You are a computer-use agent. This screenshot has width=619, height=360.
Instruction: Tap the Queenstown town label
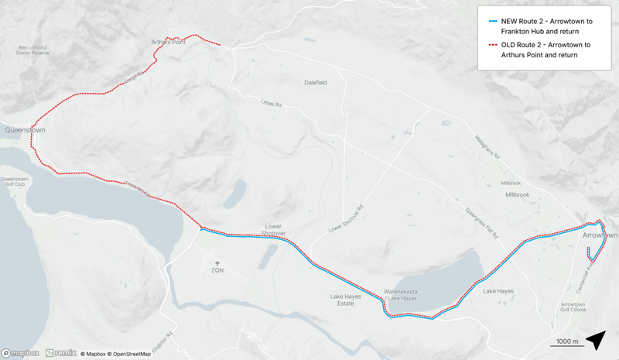click(x=26, y=130)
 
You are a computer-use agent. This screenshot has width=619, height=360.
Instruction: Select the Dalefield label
click(x=316, y=83)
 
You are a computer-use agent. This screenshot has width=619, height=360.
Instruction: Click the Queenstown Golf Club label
click(x=15, y=182)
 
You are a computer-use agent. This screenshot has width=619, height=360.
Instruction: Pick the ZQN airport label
click(x=217, y=270)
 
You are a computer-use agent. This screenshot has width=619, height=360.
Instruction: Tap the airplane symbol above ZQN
click(x=217, y=263)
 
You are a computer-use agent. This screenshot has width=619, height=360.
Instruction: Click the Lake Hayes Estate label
click(x=341, y=300)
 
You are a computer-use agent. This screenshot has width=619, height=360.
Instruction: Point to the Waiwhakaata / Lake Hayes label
click(x=401, y=295)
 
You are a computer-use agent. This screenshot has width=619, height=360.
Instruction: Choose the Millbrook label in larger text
click(x=518, y=195)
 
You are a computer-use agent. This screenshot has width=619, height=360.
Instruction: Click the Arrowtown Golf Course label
click(x=573, y=307)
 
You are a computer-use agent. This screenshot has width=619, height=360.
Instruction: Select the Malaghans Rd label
click(x=487, y=147)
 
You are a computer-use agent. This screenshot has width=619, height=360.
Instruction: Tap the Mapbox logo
click(x=20, y=353)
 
